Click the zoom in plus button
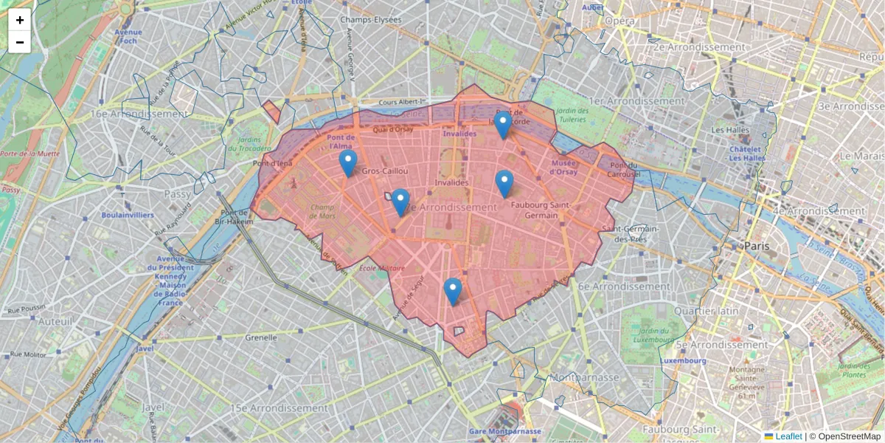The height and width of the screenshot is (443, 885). click(x=20, y=20)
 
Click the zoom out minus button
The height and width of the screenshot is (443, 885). click(x=20, y=42)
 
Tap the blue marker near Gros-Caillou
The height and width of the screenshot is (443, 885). click(x=348, y=163)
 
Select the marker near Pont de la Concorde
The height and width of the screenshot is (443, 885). click(x=503, y=125)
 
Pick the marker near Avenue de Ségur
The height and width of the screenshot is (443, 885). click(x=453, y=292)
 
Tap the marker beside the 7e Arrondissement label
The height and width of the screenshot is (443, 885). click(x=400, y=202)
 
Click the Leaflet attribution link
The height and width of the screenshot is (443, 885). click(x=788, y=436)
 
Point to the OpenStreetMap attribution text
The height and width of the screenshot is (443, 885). click(x=844, y=436)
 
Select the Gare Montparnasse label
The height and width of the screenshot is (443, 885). click(x=505, y=431)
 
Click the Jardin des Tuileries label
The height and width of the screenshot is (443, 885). click(x=573, y=116)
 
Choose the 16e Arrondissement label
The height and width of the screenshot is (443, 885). click(x=139, y=114)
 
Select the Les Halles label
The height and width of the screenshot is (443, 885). click(x=730, y=130)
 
